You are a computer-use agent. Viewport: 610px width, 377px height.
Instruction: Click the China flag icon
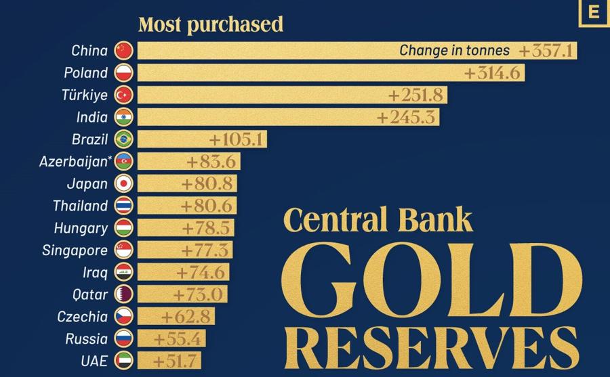click(x=124, y=51)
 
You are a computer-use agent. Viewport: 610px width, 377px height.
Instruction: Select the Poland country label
click(x=86, y=72)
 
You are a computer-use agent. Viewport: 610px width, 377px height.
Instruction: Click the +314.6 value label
click(x=493, y=73)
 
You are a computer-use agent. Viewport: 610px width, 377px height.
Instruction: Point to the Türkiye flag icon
click(x=124, y=95)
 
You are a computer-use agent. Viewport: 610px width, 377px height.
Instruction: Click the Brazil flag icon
click(x=124, y=139)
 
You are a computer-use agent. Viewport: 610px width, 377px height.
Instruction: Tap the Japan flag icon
click(x=124, y=183)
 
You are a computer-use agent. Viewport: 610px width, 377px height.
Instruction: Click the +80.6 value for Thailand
click(x=206, y=206)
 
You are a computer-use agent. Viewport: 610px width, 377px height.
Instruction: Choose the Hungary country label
click(x=81, y=228)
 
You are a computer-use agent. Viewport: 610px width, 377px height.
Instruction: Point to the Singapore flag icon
click(x=124, y=250)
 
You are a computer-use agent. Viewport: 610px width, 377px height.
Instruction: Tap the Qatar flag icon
click(x=124, y=294)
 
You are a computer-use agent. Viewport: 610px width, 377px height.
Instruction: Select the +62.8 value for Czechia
click(x=186, y=317)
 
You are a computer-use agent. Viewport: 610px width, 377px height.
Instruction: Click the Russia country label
click(x=87, y=339)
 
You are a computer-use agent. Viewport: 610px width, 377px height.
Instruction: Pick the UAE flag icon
click(x=124, y=361)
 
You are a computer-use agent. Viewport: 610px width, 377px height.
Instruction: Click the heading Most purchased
click(x=211, y=25)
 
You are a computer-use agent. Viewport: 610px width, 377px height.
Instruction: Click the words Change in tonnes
click(x=454, y=50)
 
